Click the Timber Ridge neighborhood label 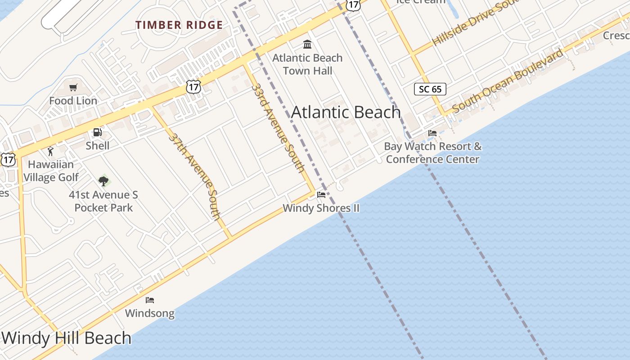[x=179, y=25]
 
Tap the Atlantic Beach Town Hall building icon [x=307, y=44]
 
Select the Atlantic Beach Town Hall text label [x=308, y=64]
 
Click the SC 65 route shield [x=430, y=89]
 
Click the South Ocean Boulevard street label [x=508, y=81]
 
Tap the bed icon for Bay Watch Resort [x=432, y=133]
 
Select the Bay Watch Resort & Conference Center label [x=432, y=153]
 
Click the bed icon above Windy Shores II [x=321, y=195]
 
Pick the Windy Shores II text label [x=321, y=208]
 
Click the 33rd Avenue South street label [x=278, y=128]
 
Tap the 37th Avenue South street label [x=195, y=176]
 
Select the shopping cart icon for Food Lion [x=73, y=87]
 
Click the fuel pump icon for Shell [x=97, y=132]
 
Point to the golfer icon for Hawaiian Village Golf [x=50, y=151]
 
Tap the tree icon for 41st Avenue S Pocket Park [x=103, y=181]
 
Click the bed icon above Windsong [x=150, y=300]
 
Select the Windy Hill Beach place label [x=67, y=338]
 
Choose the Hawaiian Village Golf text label [x=51, y=171]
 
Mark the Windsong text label [x=150, y=313]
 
